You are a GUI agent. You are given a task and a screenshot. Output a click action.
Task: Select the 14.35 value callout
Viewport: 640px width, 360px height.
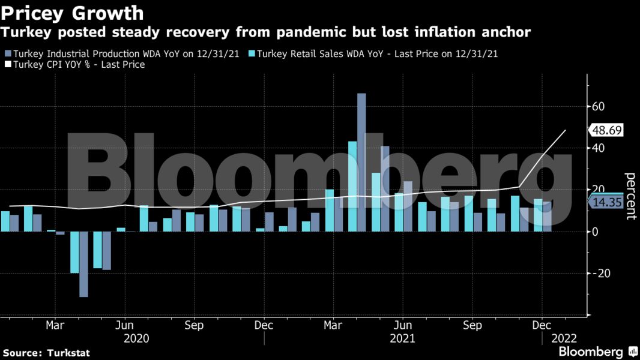click(x=606, y=203)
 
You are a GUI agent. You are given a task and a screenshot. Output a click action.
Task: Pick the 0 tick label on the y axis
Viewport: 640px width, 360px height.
click(x=596, y=232)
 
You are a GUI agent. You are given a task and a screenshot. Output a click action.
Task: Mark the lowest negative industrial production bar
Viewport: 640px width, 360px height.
click(x=83, y=264)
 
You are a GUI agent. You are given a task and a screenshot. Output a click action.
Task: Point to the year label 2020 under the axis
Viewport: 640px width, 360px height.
click(x=136, y=339)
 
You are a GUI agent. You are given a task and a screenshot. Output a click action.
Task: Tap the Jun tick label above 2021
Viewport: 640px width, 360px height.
click(x=406, y=325)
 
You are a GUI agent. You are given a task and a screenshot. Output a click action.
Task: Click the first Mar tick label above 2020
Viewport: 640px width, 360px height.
click(x=55, y=325)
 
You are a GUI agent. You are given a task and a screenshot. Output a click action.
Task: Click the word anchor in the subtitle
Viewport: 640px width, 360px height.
click(x=504, y=32)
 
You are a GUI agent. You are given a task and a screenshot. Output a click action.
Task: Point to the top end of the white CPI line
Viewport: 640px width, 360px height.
click(x=566, y=130)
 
